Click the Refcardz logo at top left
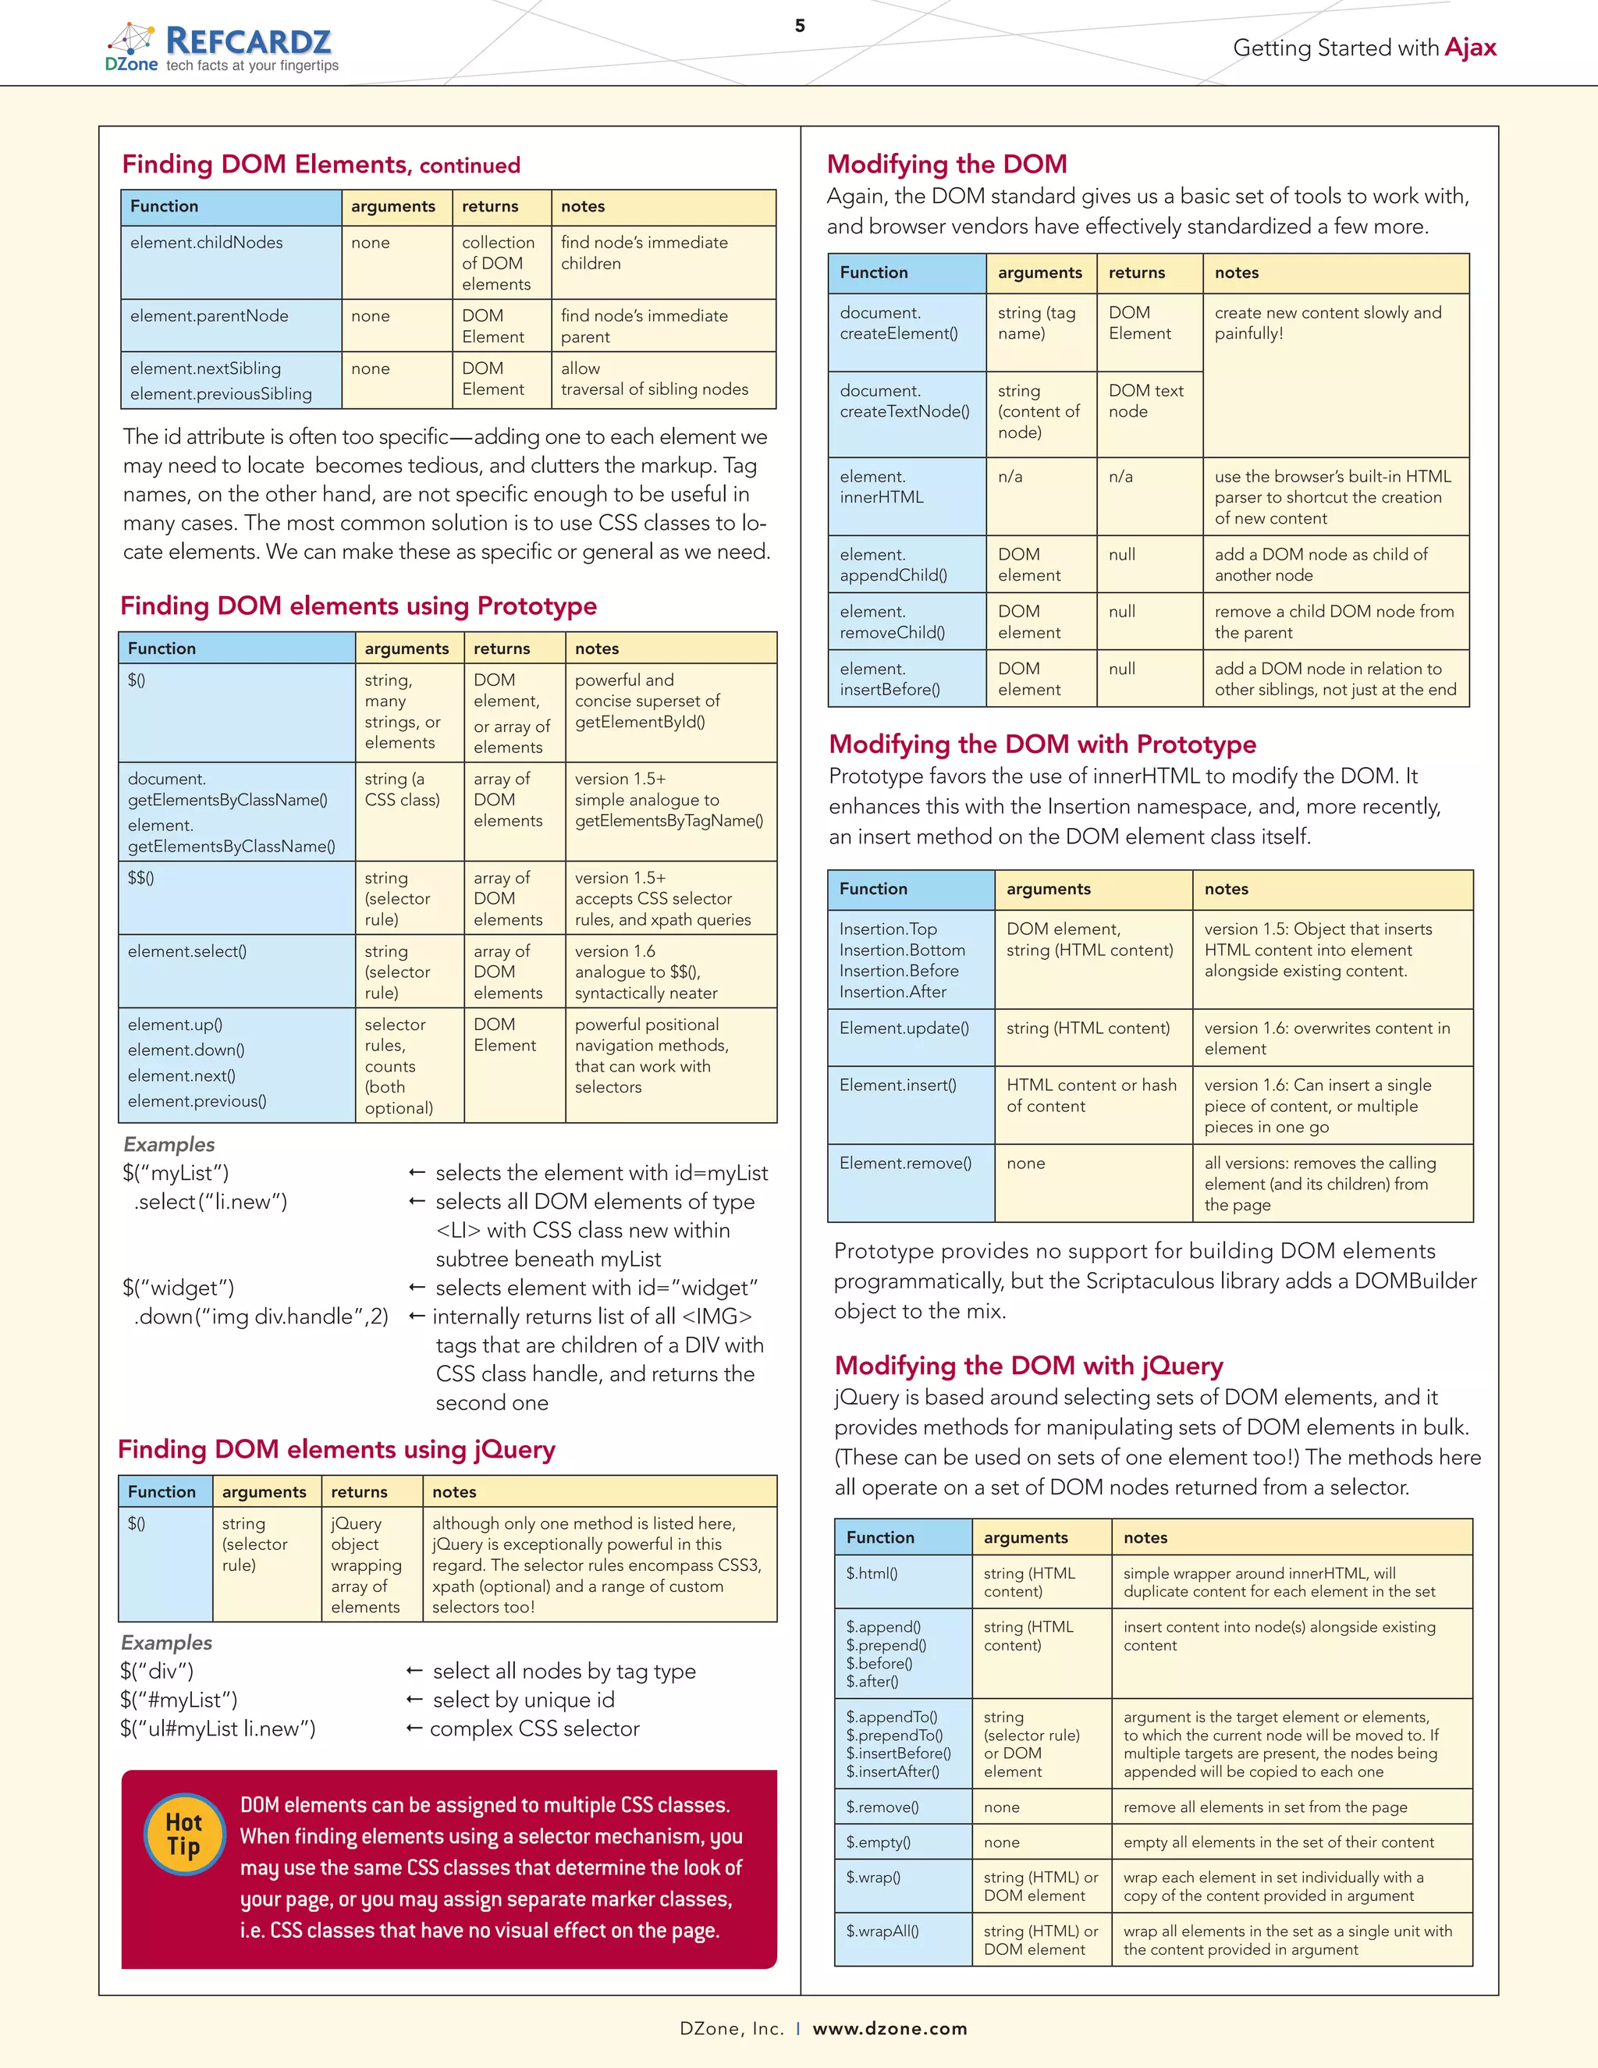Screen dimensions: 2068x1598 tap(222, 48)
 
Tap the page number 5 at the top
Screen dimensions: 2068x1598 tap(800, 26)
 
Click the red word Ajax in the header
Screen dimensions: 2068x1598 tap(1470, 48)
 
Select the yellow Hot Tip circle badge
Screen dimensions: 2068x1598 tap(185, 1834)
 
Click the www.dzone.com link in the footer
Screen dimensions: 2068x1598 tap(890, 2027)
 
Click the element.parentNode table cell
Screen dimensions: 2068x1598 tap(209, 316)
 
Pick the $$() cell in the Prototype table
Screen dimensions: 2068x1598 tap(141, 878)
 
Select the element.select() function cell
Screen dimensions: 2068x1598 tap(187, 950)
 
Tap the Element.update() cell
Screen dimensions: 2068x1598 tap(904, 1028)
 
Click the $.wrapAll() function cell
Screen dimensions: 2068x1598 tap(882, 1930)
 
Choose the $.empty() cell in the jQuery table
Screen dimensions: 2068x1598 tap(879, 1842)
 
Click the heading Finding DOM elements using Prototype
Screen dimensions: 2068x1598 tap(359, 606)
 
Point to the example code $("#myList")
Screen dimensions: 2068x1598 tap(179, 1700)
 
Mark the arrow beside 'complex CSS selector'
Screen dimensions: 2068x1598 tap(414, 1728)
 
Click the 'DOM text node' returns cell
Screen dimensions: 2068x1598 tap(1145, 400)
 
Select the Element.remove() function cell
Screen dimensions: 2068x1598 tap(905, 1163)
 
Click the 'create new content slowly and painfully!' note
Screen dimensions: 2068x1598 tap(1327, 323)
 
